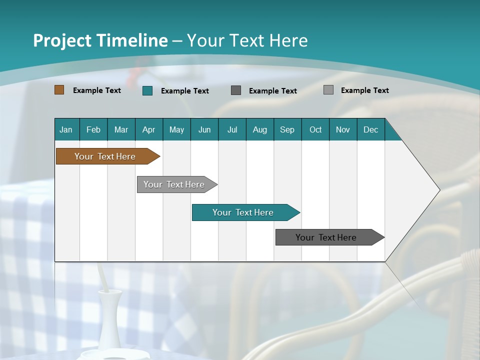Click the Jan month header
66,129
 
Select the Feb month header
93,129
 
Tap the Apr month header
149,129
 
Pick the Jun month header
204,129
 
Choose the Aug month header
260,129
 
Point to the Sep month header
287,129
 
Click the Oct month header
315,129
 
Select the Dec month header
371,129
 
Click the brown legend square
59,90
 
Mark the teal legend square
147,90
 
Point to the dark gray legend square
236,90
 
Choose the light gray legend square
328,90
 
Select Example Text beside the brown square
97,90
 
